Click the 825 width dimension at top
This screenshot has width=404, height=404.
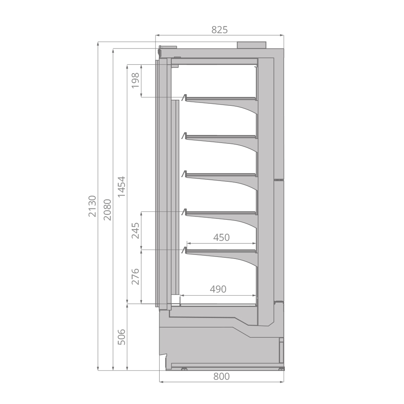click(219, 30)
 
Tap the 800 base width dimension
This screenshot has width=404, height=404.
click(221, 377)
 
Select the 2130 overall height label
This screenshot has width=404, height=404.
click(92, 206)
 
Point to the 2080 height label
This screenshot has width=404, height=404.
click(107, 210)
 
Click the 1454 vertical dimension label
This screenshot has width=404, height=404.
click(121, 187)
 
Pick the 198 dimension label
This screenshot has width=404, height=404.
click(135, 80)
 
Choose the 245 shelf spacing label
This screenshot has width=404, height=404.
click(135, 231)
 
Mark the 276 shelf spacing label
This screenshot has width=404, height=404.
click(135, 276)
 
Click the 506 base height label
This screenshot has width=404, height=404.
click(121, 337)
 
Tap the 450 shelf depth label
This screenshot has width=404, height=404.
click(221, 237)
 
